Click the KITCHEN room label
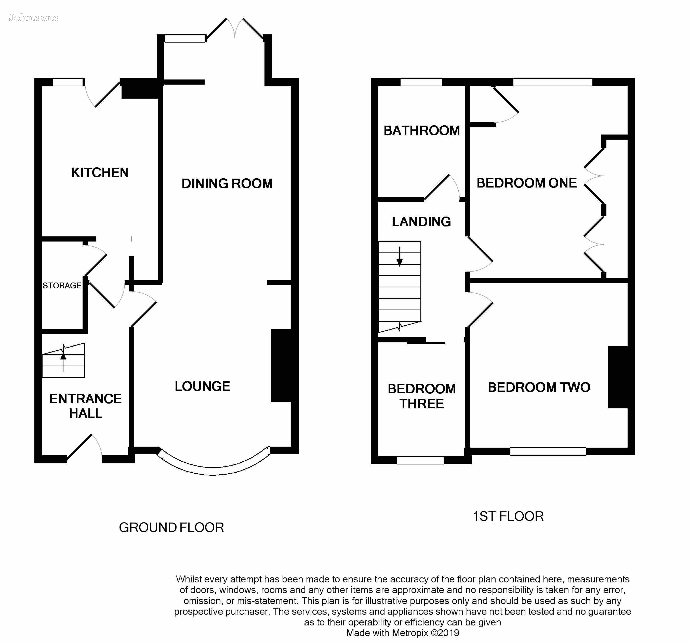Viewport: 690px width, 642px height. [100, 172]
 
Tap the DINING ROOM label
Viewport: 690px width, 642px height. [227, 184]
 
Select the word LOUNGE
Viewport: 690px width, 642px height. [202, 386]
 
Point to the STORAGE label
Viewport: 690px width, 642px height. [62, 286]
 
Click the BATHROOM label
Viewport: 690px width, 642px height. [422, 131]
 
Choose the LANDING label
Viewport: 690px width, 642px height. [421, 222]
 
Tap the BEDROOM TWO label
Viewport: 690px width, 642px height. [539, 387]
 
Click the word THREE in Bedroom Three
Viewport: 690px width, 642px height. [421, 404]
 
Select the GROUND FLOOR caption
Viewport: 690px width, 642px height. [171, 527]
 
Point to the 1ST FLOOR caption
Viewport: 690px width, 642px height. [508, 516]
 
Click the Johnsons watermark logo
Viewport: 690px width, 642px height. [33, 18]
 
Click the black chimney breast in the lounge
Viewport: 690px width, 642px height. [281, 365]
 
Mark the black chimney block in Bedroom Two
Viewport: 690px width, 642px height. [618, 377]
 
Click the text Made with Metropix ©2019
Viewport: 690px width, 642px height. [403, 633]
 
